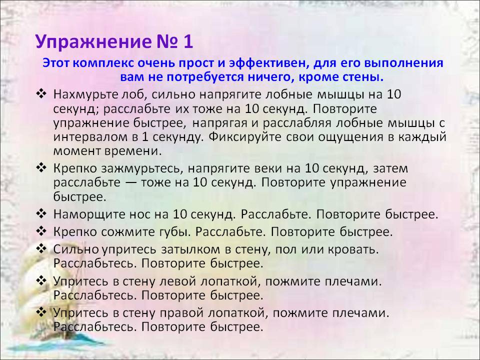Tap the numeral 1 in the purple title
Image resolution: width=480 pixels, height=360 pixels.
coord(188,41)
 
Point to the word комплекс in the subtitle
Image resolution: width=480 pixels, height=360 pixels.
coord(103,63)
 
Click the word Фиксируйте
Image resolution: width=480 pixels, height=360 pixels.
coord(244,137)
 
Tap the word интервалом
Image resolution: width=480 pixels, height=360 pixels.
coord(90,137)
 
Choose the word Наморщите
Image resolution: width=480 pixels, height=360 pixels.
coord(85,214)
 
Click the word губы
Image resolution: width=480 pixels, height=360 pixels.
coord(173,232)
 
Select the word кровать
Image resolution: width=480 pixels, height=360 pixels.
coord(353,250)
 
